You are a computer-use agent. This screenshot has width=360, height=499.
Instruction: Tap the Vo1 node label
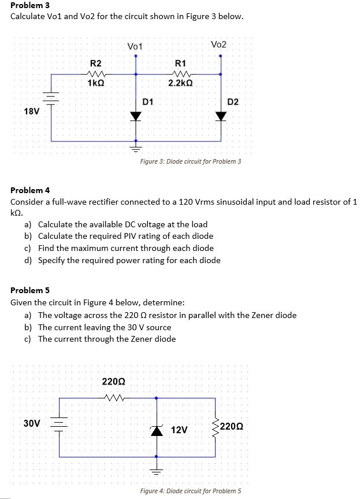tap(135, 46)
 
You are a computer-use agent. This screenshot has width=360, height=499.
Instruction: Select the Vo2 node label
tap(219, 45)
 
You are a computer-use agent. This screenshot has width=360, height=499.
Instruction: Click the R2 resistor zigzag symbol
tap(95, 73)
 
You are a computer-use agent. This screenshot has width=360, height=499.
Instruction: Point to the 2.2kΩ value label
tap(180, 83)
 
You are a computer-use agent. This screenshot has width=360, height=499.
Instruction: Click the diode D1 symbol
tap(136, 116)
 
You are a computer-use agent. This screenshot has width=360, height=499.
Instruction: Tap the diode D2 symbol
tap(220, 116)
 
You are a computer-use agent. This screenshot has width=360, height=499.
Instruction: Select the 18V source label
tap(32, 111)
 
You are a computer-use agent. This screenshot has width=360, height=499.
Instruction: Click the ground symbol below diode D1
tap(136, 148)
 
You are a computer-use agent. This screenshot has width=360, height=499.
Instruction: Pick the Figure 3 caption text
tap(191, 161)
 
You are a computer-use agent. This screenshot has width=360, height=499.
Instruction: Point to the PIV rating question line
tap(125, 236)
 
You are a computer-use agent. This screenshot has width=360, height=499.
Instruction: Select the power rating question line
tap(129, 260)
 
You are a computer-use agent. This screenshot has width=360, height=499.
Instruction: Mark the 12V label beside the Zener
tap(179, 430)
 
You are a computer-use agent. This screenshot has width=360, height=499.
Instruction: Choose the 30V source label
tap(32, 423)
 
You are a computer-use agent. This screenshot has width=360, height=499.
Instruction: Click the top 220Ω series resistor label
tap(112, 382)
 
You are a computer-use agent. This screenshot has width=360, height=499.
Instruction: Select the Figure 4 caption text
tap(191, 491)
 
